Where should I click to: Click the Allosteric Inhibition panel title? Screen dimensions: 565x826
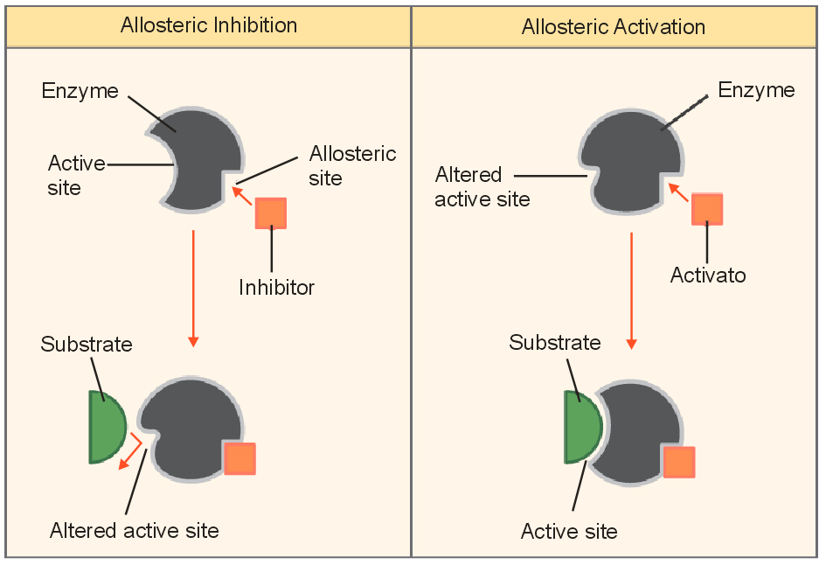pos(209,25)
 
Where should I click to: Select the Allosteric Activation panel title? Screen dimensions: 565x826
pos(613,27)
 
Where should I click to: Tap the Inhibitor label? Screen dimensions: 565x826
pos(276,287)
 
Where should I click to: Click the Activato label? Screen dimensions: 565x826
pos(708,276)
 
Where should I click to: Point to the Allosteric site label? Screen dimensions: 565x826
pos(352,165)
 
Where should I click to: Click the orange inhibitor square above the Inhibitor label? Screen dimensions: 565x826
pos(271,213)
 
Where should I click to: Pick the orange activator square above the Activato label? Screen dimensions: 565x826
pos(706,209)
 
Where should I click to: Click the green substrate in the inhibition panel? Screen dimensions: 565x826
pos(106,427)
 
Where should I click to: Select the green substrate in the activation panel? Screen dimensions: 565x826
pos(582,427)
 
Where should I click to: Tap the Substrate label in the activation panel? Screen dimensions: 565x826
pos(555,342)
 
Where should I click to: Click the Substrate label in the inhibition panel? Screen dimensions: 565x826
pos(87,344)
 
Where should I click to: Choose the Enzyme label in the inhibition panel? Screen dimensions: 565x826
pos(80,91)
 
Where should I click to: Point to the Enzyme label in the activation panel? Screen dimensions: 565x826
pos(756,89)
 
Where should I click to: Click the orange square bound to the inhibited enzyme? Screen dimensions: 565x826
pos(239,458)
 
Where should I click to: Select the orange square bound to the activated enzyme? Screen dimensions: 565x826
pos(679,462)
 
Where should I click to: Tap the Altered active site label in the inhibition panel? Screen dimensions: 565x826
pos(134,530)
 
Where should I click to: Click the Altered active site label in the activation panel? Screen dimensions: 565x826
pos(482,186)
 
